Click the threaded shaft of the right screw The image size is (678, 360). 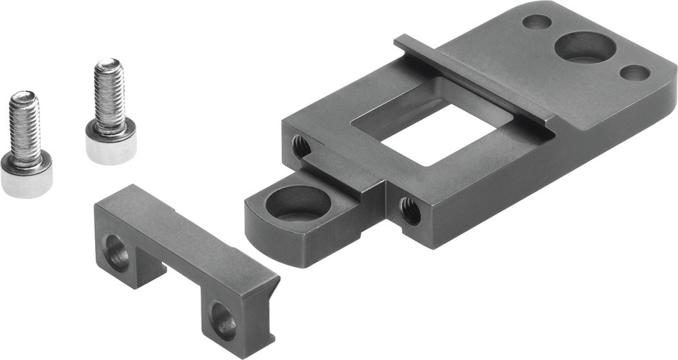pyautogui.click(x=109, y=95)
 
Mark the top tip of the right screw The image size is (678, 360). pyautogui.click(x=108, y=63)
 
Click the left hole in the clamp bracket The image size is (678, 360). pyautogui.click(x=117, y=253)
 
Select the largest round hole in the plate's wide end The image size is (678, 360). pyautogui.click(x=584, y=47)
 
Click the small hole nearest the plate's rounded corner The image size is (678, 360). pyautogui.click(x=537, y=22)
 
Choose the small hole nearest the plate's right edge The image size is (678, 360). pyautogui.click(x=635, y=73)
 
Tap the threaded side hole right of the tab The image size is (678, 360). pyautogui.click(x=410, y=210)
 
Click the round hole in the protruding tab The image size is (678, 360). pyautogui.click(x=298, y=203)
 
